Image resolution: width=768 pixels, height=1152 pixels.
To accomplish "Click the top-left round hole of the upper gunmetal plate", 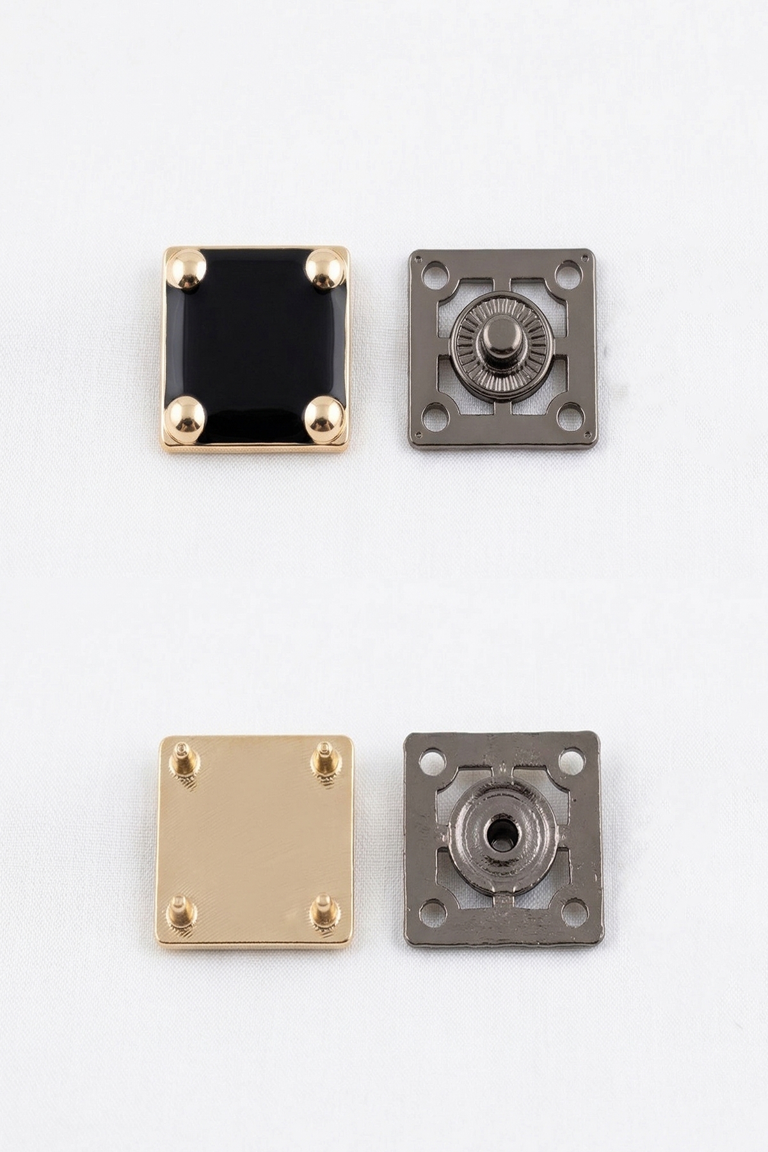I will pyautogui.click(x=436, y=276).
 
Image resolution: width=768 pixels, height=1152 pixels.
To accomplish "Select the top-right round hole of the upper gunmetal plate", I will pyautogui.click(x=568, y=275).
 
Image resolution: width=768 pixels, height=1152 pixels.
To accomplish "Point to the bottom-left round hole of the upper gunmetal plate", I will pyautogui.click(x=436, y=419).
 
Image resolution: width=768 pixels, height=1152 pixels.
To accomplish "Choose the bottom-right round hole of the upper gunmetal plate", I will pyautogui.click(x=570, y=417).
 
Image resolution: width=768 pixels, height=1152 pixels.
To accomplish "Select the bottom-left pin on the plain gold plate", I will pyautogui.click(x=180, y=914).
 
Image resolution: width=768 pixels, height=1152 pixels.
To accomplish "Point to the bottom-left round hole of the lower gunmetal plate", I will pyautogui.click(x=433, y=913).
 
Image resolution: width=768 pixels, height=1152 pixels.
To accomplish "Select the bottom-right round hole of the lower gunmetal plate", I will pyautogui.click(x=574, y=912).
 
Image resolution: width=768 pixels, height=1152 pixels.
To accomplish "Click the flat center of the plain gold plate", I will pyautogui.click(x=255, y=840).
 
